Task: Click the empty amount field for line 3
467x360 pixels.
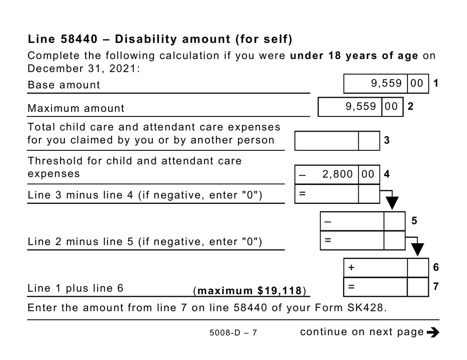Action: pyautogui.click(x=327, y=140)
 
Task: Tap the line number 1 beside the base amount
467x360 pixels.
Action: pyautogui.click(x=436, y=83)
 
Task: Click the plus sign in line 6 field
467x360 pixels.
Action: pyautogui.click(x=351, y=268)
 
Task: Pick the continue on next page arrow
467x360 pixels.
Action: pyautogui.click(x=433, y=332)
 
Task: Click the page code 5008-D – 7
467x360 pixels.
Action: pyautogui.click(x=233, y=333)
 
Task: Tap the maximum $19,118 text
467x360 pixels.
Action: pyautogui.click(x=250, y=291)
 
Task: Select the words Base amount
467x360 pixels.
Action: pyautogui.click(x=64, y=84)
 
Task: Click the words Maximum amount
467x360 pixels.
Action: pyautogui.click(x=76, y=108)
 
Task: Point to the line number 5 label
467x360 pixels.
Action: pyautogui.click(x=414, y=221)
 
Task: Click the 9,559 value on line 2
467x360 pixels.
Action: pyautogui.click(x=361, y=107)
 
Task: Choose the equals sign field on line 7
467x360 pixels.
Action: pyautogui.click(x=376, y=287)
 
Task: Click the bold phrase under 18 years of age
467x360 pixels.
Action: pyautogui.click(x=354, y=55)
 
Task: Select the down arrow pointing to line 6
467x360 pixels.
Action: pyautogui.click(x=417, y=249)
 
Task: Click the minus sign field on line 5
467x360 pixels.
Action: pyautogui.click(x=352, y=222)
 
